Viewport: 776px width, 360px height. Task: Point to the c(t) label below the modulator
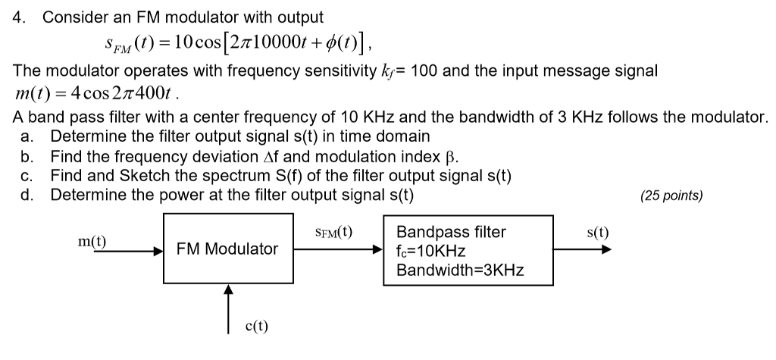click(x=256, y=327)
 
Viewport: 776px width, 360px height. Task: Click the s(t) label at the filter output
click(x=598, y=233)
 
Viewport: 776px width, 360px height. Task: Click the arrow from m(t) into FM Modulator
click(x=121, y=249)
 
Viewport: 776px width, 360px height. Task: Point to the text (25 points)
click(x=671, y=196)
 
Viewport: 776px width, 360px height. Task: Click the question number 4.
click(x=19, y=17)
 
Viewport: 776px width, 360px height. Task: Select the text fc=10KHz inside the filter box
click(x=430, y=251)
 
